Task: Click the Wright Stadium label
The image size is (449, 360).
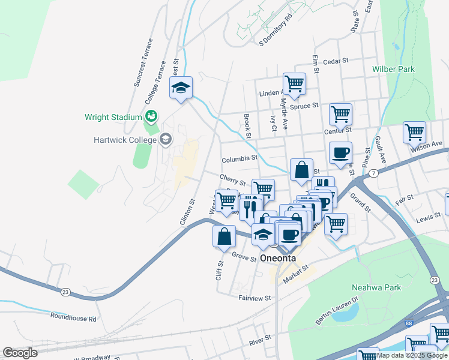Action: click(x=113, y=118)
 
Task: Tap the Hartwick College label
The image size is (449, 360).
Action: click(x=124, y=140)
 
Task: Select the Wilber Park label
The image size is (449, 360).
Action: click(x=393, y=70)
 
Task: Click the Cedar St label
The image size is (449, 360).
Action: click(x=336, y=61)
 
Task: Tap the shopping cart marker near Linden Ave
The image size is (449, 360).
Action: click(x=294, y=83)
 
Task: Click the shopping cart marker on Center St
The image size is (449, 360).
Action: click(x=340, y=113)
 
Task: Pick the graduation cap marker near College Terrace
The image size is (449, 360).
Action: click(x=180, y=88)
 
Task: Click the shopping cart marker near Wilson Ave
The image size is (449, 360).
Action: click(x=414, y=132)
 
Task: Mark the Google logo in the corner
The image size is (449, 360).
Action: click(x=20, y=353)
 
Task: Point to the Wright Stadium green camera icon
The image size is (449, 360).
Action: click(x=151, y=115)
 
